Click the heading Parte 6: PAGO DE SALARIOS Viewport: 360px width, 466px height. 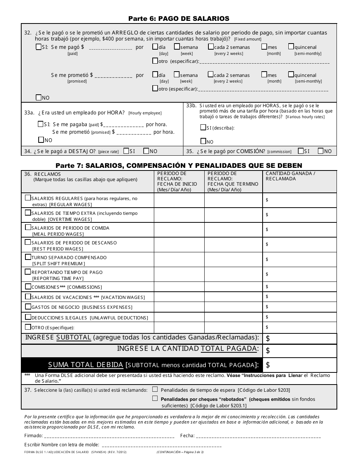pyautogui.click(x=178, y=18)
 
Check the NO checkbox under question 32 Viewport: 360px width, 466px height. pyautogui.click(x=38, y=97)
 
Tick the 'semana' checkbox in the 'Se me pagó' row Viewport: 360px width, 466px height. pyautogui.click(x=177, y=47)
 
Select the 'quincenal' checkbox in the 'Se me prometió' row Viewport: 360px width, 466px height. pyautogui.click(x=291, y=75)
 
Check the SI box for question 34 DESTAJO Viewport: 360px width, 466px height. pyautogui.click(x=126, y=151)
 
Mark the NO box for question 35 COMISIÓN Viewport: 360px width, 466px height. pyautogui.click(x=321, y=151)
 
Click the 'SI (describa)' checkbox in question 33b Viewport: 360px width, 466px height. pyautogui.click(x=203, y=127)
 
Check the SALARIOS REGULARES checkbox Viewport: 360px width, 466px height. pyautogui.click(x=28, y=198)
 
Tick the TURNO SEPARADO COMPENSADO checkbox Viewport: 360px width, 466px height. pyautogui.click(x=28, y=257)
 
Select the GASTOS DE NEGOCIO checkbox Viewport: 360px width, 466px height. pyautogui.click(x=28, y=306)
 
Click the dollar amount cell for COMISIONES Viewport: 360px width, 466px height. pyautogui.click(x=299, y=287)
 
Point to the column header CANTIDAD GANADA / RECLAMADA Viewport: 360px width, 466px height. pyautogui.click(x=290, y=176)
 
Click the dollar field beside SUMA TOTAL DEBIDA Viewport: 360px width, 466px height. pyautogui.click(x=299, y=365)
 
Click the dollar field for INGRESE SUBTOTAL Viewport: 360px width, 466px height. pyautogui.click(x=299, y=338)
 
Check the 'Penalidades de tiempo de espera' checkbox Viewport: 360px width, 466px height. pyautogui.click(x=155, y=389)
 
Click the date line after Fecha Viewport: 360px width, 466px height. pyautogui.click(x=258, y=436)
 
